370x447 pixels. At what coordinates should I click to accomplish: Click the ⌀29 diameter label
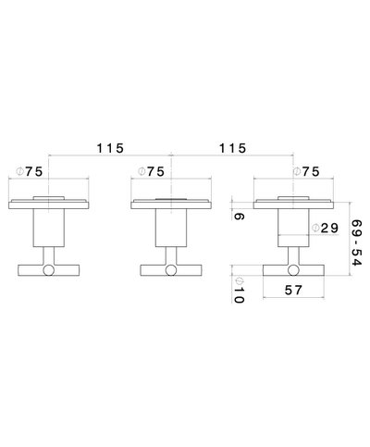coord(323,229)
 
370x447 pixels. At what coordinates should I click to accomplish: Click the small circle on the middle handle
coord(169,270)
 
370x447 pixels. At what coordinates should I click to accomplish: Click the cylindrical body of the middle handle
coord(169,227)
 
